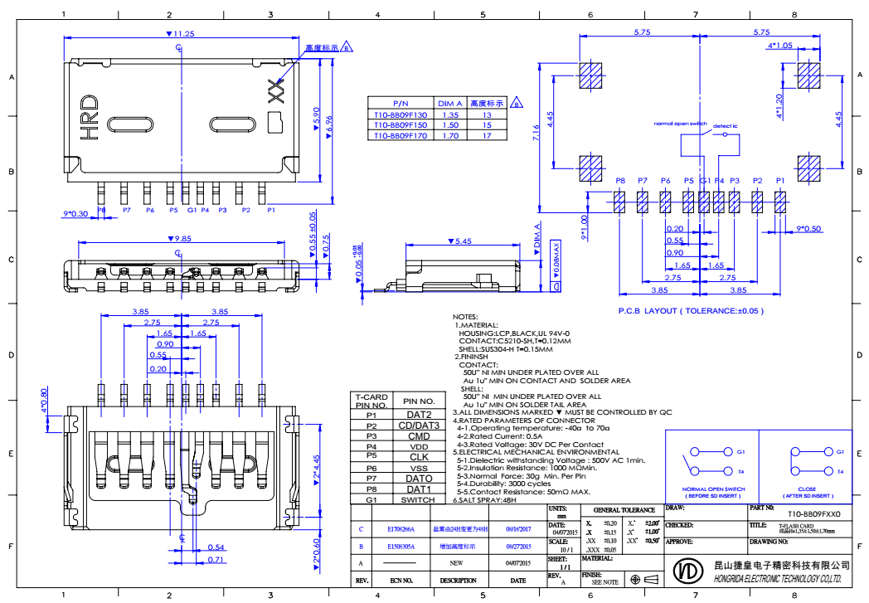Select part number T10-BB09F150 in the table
(400, 125)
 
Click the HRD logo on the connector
(89, 115)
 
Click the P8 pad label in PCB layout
(620, 181)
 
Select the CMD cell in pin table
(419, 436)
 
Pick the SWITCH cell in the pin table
(418, 500)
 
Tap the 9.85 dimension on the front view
(181, 239)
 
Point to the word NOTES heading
(465, 317)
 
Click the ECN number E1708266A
(401, 528)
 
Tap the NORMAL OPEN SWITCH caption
(713, 489)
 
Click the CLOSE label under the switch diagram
(807, 489)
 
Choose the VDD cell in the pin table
(419, 446)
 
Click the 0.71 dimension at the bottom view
(216, 560)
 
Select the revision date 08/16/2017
(520, 528)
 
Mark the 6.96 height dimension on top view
(329, 124)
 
